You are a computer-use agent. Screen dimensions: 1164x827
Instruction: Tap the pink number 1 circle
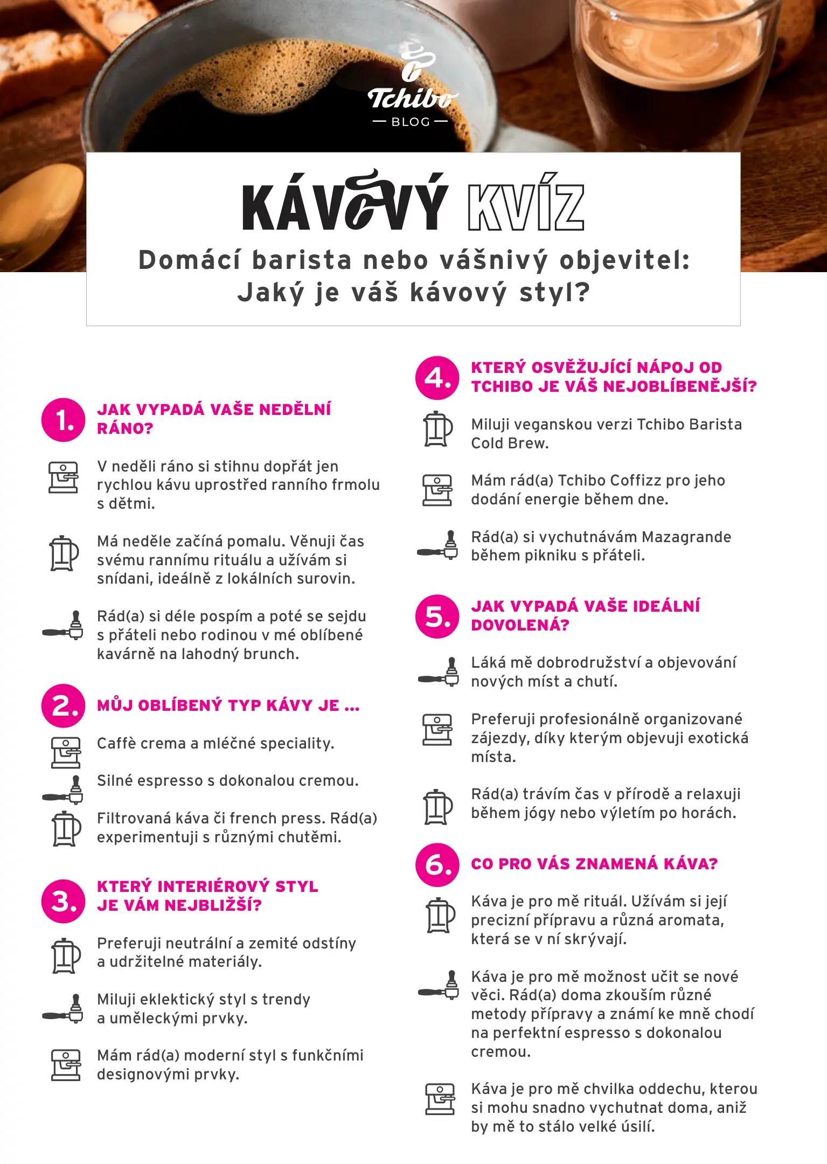click(63, 420)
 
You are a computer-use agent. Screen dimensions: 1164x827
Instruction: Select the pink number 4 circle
click(437, 378)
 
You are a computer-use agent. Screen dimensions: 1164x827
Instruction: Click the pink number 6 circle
click(437, 865)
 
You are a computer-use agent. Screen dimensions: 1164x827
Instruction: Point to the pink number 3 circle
click(63, 901)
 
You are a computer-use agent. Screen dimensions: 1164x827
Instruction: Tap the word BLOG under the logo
click(411, 122)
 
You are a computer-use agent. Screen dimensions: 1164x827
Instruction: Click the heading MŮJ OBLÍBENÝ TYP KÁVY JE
click(228, 705)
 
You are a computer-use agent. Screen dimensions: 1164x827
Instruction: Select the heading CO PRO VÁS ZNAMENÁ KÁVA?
click(594, 864)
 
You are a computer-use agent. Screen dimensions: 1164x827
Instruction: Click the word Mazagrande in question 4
click(686, 537)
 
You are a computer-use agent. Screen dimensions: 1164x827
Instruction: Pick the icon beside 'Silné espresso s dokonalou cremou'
click(64, 789)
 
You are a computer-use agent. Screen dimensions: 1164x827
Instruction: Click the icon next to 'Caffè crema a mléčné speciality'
click(65, 752)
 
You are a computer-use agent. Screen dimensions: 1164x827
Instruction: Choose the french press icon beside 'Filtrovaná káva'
click(66, 828)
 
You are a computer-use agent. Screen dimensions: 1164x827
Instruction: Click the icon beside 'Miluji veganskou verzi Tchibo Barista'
click(437, 429)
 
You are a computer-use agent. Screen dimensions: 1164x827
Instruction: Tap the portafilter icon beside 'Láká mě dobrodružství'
click(439, 671)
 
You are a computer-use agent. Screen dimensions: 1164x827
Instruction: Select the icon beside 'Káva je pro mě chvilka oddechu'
click(440, 1099)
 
